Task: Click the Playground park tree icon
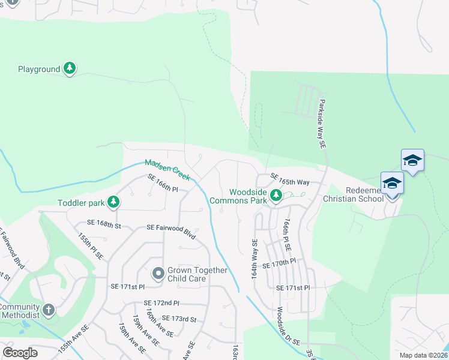70,69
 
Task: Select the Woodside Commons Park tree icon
276,195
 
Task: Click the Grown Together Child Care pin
158,274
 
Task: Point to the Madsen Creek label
167,170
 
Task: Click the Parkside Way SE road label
322,124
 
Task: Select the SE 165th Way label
290,180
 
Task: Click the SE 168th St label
104,224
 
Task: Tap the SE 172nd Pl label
161,304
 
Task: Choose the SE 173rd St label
179,319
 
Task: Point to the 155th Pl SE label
91,245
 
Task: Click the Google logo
20,353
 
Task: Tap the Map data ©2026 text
423,355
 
